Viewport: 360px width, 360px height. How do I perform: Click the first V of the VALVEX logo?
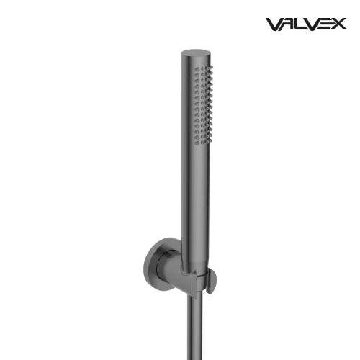pos(274,24)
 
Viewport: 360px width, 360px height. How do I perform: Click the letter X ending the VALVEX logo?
pos(339,24)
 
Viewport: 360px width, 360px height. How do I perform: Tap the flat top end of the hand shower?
pos(196,53)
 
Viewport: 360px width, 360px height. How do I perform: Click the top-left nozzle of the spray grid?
pos(197,69)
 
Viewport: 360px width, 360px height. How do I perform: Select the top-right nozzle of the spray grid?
pos(211,67)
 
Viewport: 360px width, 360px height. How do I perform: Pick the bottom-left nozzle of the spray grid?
pos(197,143)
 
